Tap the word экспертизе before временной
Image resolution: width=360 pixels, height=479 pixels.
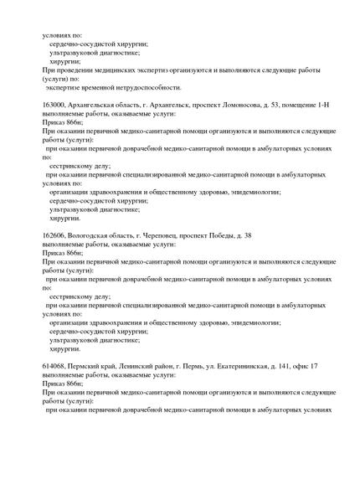(x=64, y=87)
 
